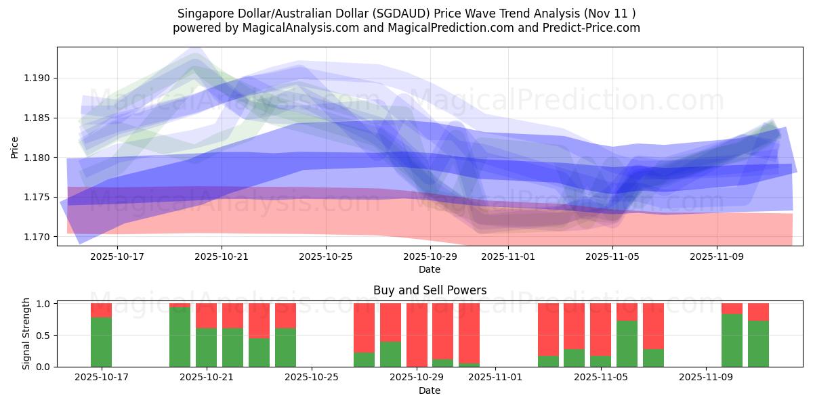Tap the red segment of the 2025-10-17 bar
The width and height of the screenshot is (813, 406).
tap(101, 310)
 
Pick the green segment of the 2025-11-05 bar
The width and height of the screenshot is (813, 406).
tap(600, 361)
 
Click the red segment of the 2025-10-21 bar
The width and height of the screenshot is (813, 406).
tap(206, 315)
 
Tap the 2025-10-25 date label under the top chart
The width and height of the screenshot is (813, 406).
tap(326, 257)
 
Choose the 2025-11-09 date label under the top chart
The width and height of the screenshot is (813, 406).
tap(717, 257)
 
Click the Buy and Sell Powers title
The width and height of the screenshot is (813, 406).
tap(430, 290)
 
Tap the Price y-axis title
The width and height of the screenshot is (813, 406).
tap(14, 146)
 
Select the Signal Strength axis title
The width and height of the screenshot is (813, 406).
tap(27, 334)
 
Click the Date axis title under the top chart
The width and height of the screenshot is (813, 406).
tap(430, 269)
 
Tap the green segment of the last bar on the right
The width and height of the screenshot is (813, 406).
tap(758, 344)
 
